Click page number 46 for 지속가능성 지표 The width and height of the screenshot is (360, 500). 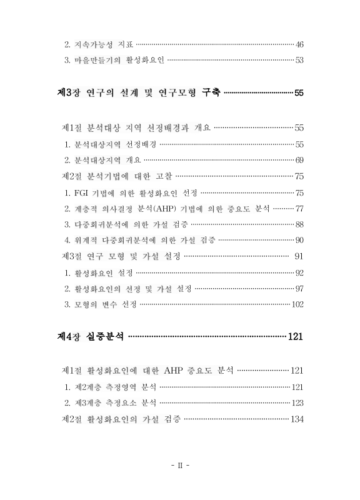point(299,44)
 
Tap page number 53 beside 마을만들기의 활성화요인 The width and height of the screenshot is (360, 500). point(299,61)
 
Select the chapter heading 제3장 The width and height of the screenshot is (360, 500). point(68,94)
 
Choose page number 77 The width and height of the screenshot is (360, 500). point(299,208)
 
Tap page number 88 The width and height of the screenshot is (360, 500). point(299,224)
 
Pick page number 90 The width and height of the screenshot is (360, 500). point(299,241)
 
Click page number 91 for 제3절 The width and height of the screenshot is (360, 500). point(299,256)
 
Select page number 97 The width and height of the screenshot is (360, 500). point(299,288)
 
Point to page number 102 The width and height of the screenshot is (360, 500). point(297,304)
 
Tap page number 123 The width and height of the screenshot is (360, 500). point(297,403)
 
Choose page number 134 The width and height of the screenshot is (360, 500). point(297,419)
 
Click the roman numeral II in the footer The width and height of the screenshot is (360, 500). point(180,466)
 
